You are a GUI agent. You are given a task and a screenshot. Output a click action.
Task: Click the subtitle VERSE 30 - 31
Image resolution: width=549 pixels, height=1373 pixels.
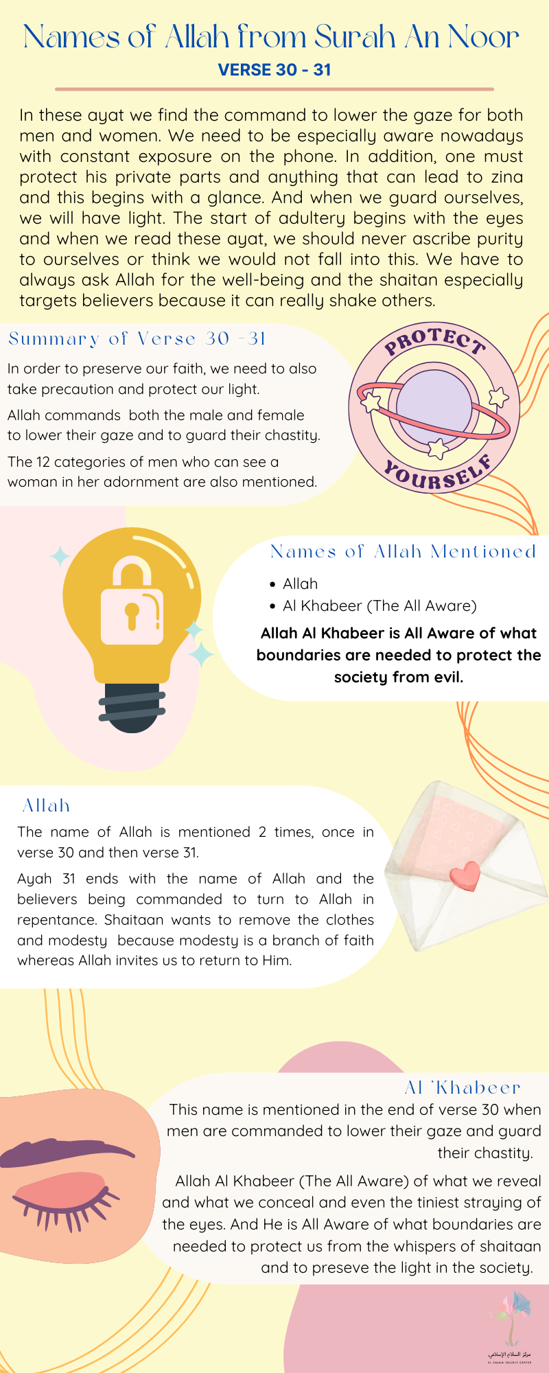click(274, 70)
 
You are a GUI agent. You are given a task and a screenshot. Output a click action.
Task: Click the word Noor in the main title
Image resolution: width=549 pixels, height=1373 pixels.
click(483, 37)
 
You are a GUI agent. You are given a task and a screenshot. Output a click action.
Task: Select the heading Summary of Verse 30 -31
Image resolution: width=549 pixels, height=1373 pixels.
click(137, 338)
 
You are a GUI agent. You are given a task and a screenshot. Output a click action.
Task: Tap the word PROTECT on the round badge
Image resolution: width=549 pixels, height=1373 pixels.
click(434, 341)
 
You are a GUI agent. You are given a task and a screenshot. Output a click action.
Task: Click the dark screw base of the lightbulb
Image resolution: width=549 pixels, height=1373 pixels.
click(132, 707)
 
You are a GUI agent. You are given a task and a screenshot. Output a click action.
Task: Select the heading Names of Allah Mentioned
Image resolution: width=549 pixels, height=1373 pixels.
click(404, 551)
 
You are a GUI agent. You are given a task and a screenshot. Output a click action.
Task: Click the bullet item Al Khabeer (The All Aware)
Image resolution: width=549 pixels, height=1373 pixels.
click(379, 605)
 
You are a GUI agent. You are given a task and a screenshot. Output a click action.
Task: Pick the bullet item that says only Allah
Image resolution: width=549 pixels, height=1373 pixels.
click(300, 584)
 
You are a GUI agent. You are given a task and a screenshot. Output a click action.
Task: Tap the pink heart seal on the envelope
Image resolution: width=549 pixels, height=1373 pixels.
click(465, 876)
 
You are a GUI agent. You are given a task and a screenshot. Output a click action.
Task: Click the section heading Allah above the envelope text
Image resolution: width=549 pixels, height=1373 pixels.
click(46, 805)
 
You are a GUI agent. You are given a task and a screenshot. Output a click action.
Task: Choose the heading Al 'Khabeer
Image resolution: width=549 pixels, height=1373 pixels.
click(463, 1087)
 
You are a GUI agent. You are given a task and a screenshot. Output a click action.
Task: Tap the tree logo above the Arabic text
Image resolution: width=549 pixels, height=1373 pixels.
click(511, 1315)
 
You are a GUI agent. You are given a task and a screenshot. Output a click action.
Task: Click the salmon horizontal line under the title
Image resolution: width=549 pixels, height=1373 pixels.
click(274, 89)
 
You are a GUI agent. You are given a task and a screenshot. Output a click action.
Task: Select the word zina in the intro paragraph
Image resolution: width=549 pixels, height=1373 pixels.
click(506, 177)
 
